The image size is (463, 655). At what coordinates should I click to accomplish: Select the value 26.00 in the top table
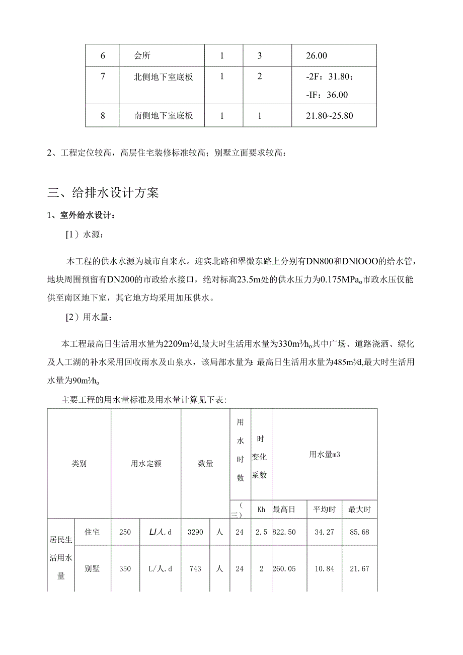pos(317,55)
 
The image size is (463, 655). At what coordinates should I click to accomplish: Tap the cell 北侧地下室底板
pos(164,77)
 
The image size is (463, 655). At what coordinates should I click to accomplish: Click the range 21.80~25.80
pos(330,116)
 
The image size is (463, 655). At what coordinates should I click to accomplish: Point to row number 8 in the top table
pos(103,116)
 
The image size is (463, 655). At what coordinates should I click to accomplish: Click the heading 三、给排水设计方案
pos(103,192)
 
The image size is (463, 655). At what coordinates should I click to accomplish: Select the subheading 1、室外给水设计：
pos(81,215)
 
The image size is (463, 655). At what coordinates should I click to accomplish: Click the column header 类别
pos(79,463)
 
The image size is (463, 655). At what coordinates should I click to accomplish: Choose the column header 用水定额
pos(146,463)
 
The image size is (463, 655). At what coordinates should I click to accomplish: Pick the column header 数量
pos(205,463)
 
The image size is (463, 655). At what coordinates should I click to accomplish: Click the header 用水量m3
pos(325,454)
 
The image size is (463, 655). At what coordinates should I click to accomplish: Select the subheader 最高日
pos(282,510)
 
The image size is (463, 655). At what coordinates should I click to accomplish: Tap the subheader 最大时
pos(359,510)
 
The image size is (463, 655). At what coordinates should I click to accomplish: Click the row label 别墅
pos(93,568)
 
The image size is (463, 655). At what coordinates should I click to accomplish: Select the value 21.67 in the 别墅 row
pos(359,568)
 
